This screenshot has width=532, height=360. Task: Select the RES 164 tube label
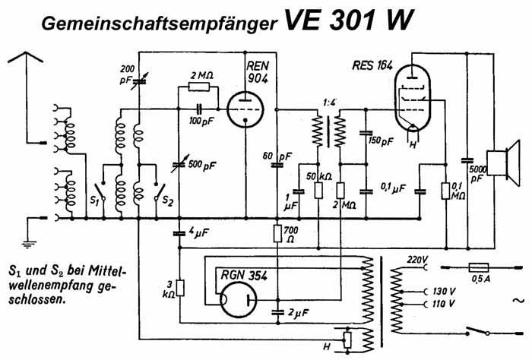pyautogui.click(x=372, y=66)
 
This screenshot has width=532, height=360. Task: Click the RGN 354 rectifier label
pyautogui.click(x=238, y=274)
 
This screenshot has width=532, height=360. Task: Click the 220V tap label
pyautogui.click(x=417, y=259)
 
